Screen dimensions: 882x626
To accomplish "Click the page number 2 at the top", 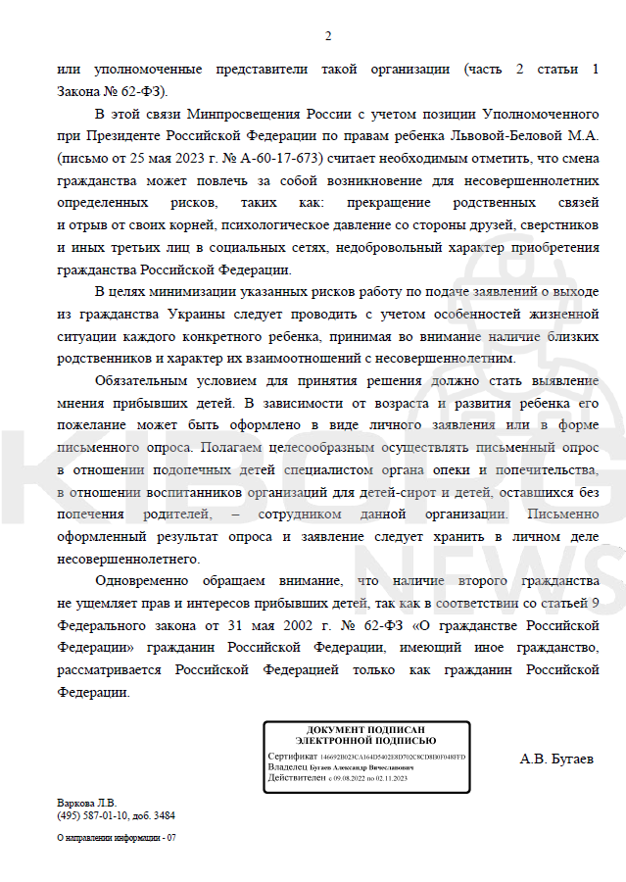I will point(328,37).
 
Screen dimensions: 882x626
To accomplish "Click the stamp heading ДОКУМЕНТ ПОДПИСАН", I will point(365,730).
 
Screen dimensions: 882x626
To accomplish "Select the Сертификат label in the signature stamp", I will point(292,758).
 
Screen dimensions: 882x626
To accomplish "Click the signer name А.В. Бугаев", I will point(556,758).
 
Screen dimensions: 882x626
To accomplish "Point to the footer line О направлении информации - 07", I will point(117,838).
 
